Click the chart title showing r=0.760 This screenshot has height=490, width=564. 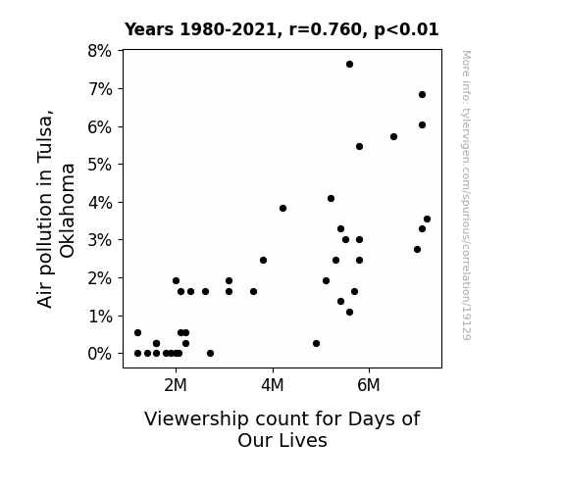click(282, 29)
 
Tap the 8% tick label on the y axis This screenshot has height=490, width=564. click(100, 51)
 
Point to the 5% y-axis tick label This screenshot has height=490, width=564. click(100, 165)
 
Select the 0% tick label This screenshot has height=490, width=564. click(100, 354)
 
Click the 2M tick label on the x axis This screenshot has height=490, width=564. click(176, 385)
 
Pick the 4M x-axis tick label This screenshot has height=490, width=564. click(273, 385)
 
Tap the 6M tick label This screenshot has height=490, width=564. click(369, 385)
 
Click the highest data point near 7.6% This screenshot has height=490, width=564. click(349, 65)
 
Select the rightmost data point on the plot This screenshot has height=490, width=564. click(427, 219)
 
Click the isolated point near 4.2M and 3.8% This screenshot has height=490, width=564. click(282, 208)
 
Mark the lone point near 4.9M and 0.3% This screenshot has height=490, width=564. click(316, 343)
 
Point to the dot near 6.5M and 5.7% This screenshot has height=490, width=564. click(393, 136)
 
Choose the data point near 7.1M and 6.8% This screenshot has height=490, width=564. click(423, 94)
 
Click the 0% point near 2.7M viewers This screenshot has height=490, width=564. click(211, 354)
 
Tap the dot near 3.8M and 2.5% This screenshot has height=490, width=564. click(263, 260)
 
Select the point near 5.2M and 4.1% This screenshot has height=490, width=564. click(331, 198)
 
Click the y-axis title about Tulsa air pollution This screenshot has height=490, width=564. click(56, 209)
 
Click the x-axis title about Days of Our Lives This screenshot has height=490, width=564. click(282, 429)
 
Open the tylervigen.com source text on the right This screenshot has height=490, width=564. click(466, 195)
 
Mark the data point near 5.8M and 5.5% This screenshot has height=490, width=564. click(359, 146)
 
